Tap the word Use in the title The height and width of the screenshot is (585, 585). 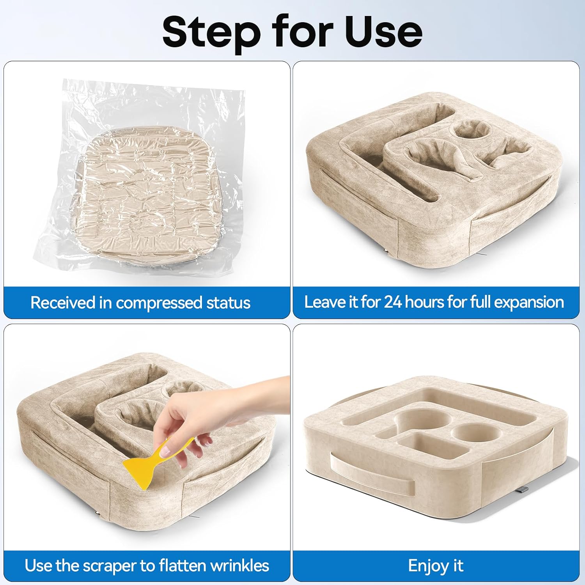pyautogui.click(x=384, y=32)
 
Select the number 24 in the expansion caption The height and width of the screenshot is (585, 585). pyautogui.click(x=393, y=302)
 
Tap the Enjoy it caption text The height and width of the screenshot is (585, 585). pyautogui.click(x=436, y=566)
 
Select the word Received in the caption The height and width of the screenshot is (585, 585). pyautogui.click(x=63, y=303)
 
